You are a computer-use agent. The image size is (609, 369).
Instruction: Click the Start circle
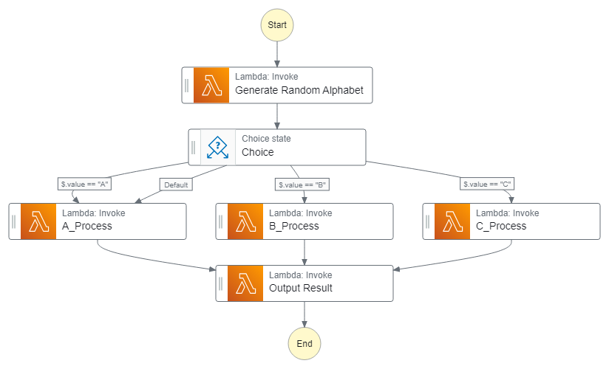(277, 24)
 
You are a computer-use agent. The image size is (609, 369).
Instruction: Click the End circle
(304, 343)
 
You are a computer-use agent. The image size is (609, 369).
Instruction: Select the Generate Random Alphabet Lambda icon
(211, 85)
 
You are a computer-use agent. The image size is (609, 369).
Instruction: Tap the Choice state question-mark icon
(218, 147)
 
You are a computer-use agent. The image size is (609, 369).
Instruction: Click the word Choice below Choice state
(257, 153)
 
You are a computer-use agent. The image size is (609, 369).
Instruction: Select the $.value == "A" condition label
(85, 184)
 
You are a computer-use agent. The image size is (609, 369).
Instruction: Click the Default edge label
(176, 185)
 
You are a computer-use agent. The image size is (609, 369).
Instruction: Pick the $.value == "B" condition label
(302, 184)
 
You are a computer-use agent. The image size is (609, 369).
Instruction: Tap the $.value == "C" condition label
(487, 184)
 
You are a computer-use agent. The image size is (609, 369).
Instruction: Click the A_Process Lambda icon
(38, 221)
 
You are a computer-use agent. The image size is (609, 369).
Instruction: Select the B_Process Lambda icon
(245, 221)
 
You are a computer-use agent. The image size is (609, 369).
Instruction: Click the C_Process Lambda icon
(452, 221)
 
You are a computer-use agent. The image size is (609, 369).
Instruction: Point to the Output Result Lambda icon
(245, 283)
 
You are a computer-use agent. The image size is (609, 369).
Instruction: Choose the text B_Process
(294, 227)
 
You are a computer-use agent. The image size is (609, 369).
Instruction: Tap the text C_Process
(501, 227)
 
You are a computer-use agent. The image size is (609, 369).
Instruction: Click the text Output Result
(300, 289)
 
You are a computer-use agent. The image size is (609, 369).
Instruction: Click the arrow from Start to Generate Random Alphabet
(277, 55)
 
